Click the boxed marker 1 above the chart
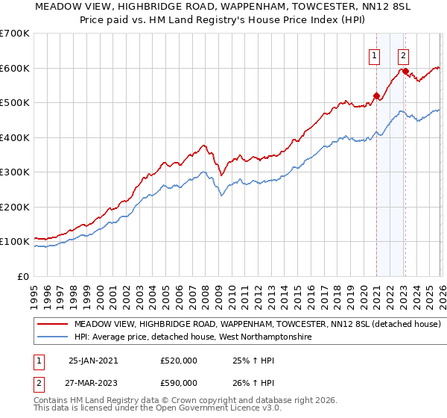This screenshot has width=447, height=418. [372, 54]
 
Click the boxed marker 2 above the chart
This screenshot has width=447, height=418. [403, 54]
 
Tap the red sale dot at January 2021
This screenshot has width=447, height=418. [376, 96]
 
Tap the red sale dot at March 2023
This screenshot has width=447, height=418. [405, 72]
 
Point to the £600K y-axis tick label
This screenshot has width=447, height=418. [15, 68]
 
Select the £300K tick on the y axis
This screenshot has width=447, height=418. [15, 172]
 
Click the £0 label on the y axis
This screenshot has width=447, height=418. [24, 276]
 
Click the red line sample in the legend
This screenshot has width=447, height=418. [54, 325]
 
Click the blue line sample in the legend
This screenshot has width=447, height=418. [54, 338]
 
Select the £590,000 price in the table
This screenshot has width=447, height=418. [179, 382]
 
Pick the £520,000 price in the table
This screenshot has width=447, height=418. [179, 361]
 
